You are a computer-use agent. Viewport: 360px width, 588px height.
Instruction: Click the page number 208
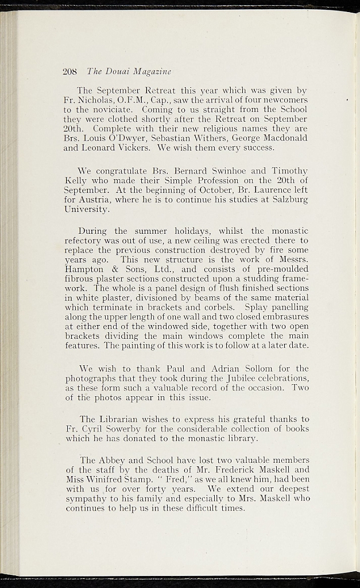click(69, 72)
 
